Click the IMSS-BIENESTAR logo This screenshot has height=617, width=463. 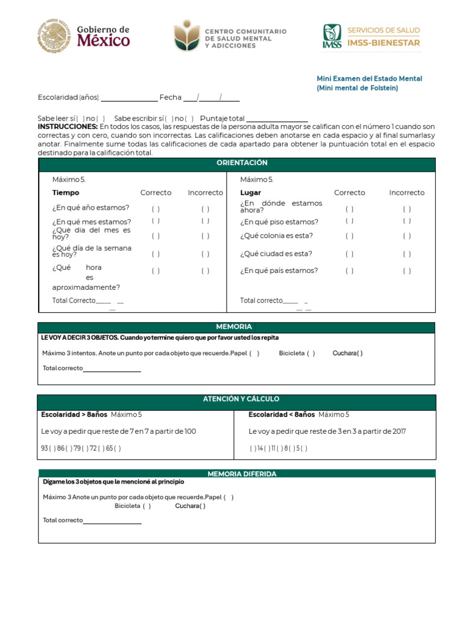[371, 36]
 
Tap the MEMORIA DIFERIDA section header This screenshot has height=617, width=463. [242, 474]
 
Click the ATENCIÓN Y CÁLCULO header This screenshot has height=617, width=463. [241, 399]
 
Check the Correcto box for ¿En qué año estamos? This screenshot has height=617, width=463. [156, 209]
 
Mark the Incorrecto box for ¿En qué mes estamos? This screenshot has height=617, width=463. [206, 221]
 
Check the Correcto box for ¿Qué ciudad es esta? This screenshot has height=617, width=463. [350, 254]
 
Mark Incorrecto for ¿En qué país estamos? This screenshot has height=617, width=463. [407, 271]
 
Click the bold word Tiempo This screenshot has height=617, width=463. [66, 193]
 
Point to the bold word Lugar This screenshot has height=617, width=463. [250, 193]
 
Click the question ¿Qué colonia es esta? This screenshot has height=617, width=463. [276, 236]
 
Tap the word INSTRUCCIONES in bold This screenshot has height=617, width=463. [68, 127]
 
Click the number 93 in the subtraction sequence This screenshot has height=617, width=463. [45, 448]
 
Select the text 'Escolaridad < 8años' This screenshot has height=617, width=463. [282, 415]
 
